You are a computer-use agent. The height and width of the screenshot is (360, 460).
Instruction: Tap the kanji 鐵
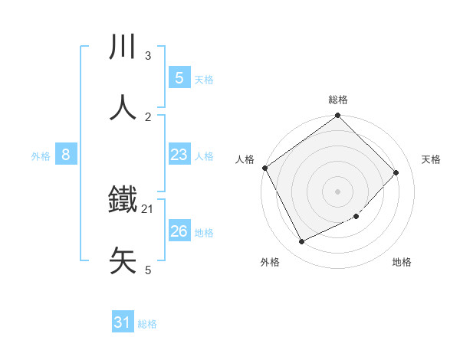click(123, 201)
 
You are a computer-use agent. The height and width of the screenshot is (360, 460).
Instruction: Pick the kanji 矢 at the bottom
click(123, 261)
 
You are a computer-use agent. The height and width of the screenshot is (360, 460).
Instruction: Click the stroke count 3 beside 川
click(147, 56)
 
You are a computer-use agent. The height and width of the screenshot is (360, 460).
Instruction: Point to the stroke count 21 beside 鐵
click(148, 209)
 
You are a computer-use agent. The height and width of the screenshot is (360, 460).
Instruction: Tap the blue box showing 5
click(179, 77)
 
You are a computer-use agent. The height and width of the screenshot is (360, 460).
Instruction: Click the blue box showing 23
click(179, 155)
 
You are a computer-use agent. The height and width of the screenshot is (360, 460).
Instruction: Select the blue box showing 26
click(179, 231)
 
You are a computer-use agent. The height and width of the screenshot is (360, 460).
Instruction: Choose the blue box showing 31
click(123, 322)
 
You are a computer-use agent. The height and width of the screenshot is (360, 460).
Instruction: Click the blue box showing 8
click(66, 155)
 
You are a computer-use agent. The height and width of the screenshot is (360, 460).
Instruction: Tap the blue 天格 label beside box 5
click(204, 80)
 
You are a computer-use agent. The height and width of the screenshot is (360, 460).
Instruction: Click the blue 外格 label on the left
click(41, 156)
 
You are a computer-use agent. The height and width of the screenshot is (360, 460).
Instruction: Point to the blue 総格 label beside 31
click(147, 325)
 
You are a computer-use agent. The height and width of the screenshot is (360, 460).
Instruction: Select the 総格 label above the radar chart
click(338, 100)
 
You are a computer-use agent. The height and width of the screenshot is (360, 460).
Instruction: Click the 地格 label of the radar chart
click(402, 263)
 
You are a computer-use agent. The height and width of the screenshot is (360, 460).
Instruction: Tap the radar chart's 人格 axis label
click(245, 159)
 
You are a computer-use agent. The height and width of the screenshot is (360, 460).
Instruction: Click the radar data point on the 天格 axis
click(396, 172)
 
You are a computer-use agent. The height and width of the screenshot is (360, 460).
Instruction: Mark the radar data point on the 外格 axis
click(302, 242)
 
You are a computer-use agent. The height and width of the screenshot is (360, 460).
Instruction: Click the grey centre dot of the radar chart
click(338, 191)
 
